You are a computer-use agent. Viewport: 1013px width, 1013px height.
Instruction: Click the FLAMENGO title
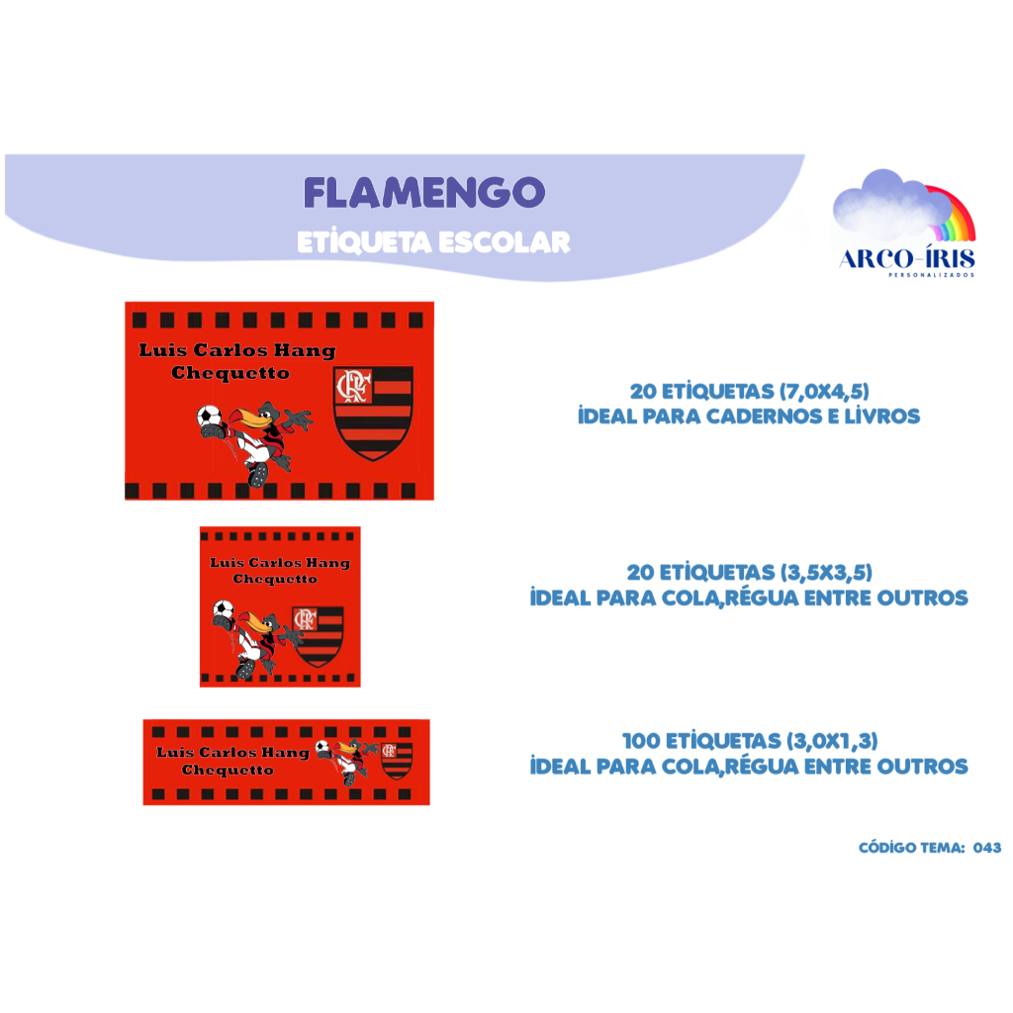click(423, 193)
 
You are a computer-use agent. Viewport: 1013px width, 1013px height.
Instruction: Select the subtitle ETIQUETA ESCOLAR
click(433, 242)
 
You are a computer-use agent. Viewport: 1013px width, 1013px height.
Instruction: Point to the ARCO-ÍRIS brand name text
click(906, 259)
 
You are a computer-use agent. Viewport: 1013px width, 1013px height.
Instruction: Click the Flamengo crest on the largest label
click(373, 412)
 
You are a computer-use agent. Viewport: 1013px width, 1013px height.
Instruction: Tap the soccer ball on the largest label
click(210, 417)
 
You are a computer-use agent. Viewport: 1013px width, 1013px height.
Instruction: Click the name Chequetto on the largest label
click(230, 373)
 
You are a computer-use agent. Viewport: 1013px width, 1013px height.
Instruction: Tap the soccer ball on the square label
click(224, 610)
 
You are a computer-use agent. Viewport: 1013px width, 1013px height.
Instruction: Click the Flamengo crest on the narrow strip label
click(397, 760)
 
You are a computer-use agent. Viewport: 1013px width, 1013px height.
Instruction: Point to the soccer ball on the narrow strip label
click(322, 747)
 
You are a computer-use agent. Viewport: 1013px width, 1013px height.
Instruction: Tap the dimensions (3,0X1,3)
click(831, 741)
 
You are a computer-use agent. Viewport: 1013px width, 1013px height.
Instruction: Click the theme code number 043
click(987, 848)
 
